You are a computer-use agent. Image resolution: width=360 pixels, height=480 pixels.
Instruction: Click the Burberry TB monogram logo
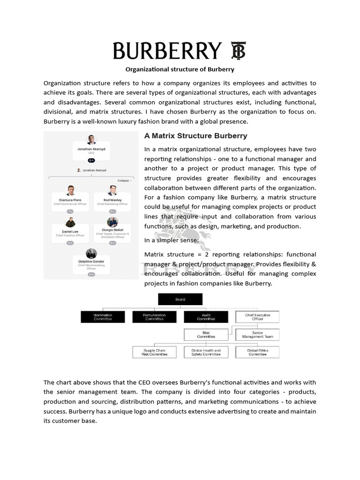point(239,51)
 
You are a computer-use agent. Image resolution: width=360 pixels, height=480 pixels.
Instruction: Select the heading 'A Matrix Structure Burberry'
point(195,136)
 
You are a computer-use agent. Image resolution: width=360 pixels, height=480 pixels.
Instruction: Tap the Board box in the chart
point(180,299)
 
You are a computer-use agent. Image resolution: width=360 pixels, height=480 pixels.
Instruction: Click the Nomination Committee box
point(103,317)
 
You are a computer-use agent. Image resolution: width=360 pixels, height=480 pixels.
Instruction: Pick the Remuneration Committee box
point(154,317)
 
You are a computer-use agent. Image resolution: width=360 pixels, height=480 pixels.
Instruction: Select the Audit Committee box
point(206,317)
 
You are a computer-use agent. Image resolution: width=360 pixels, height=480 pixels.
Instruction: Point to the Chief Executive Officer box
point(257,317)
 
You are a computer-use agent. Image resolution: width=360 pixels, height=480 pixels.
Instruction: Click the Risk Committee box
point(206,335)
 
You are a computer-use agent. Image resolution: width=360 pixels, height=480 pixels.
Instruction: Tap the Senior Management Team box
point(257,335)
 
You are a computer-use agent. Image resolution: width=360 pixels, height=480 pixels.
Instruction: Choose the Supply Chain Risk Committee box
point(154,352)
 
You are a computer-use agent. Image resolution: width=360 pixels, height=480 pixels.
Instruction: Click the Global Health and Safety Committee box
point(206,352)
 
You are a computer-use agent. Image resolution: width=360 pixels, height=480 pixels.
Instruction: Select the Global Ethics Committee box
point(257,352)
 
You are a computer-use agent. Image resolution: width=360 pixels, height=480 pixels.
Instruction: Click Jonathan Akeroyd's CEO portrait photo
point(91,140)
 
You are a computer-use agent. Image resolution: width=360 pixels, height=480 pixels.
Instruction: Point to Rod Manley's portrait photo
point(112,190)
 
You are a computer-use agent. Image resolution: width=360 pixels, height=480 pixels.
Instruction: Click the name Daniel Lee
point(70,232)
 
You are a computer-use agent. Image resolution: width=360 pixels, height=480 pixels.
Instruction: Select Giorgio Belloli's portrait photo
point(112,222)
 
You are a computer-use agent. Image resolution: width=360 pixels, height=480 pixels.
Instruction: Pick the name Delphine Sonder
point(91,262)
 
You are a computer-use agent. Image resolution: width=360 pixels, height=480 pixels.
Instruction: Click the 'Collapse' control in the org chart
point(124,180)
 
